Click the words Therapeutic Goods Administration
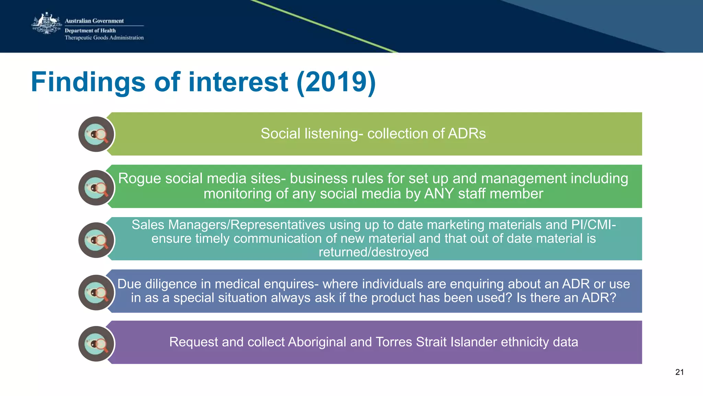104,38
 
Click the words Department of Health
90,30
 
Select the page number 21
679,372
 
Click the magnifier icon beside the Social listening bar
96,134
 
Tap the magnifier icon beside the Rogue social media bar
96,188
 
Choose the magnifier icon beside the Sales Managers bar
96,240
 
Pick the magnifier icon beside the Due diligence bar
96,293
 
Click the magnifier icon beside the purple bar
96,344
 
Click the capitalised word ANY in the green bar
439,194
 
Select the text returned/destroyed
373,252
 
